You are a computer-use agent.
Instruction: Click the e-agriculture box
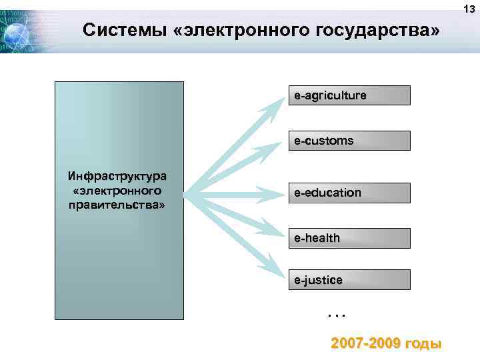[x=349, y=95]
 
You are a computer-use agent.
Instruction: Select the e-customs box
[x=349, y=141]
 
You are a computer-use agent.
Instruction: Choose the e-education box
[x=349, y=193]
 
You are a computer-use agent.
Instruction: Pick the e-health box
[x=349, y=238]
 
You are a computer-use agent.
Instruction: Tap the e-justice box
[x=349, y=280]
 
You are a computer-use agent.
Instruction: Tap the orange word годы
[x=423, y=344]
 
